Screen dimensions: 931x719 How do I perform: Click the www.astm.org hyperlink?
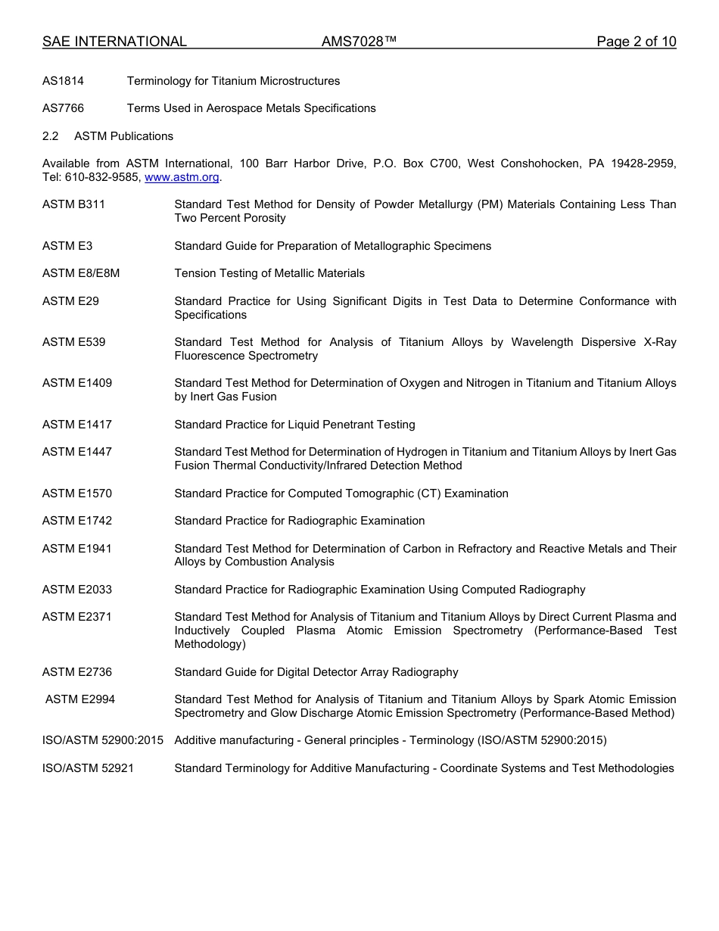(x=182, y=177)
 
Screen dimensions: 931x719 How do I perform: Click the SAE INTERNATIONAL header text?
(x=114, y=42)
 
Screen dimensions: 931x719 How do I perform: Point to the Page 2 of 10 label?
(x=636, y=42)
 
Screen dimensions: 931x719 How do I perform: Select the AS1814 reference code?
(x=63, y=81)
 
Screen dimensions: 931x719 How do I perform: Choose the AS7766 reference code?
(x=63, y=108)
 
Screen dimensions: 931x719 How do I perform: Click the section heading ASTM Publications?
(x=123, y=136)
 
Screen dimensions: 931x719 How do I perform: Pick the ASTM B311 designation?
(x=73, y=204)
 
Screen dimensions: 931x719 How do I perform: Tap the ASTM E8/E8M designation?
(x=81, y=273)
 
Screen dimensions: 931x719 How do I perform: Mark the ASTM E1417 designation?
(x=76, y=425)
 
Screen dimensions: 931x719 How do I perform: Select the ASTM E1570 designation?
(x=76, y=494)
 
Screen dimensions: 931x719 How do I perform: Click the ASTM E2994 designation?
(x=80, y=699)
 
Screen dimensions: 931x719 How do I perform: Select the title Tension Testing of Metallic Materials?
(x=269, y=273)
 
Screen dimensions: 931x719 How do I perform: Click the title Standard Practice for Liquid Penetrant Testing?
(x=294, y=425)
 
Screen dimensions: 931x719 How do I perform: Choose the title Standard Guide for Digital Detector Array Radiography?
(x=316, y=672)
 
